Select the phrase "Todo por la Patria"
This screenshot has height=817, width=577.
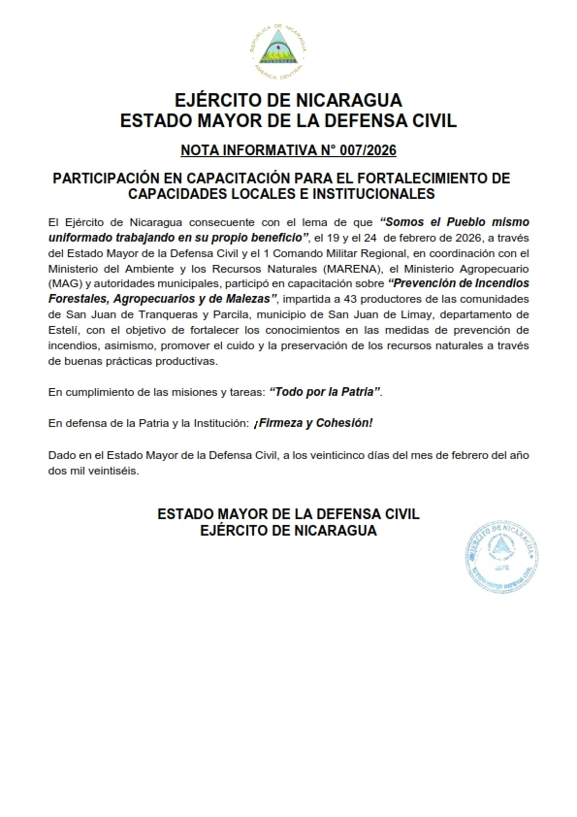pyautogui.click(x=325, y=391)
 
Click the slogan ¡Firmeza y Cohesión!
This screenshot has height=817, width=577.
pyautogui.click(x=313, y=423)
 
